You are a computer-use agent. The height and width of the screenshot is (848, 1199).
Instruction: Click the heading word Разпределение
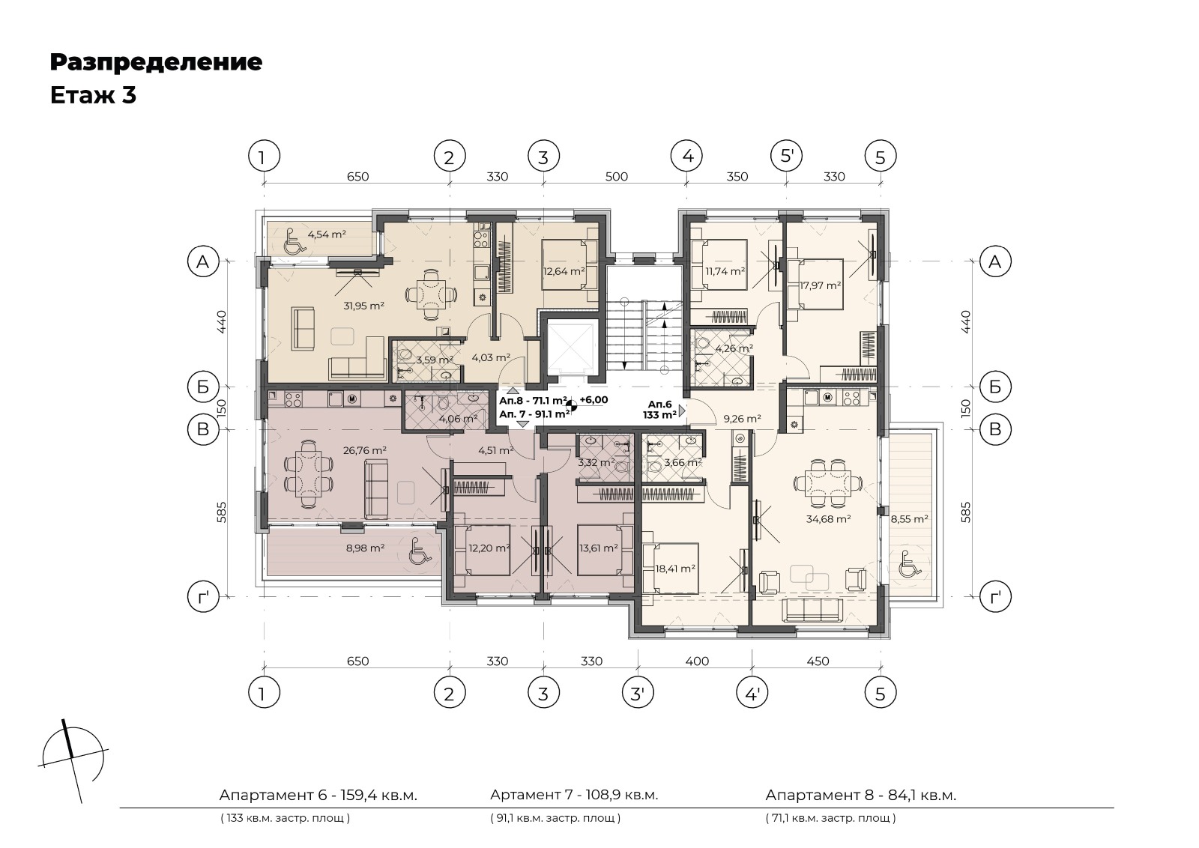(x=157, y=63)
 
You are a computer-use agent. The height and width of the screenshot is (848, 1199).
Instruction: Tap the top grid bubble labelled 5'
(x=786, y=157)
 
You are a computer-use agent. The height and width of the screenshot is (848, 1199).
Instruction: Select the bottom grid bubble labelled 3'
(x=638, y=694)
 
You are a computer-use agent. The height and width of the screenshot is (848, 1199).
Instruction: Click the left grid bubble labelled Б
(x=203, y=387)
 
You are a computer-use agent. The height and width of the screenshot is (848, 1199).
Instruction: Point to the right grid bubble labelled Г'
(x=995, y=596)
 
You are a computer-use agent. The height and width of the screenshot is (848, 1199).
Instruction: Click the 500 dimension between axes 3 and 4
(x=616, y=177)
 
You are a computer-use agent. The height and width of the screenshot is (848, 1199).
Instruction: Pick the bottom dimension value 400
(x=697, y=661)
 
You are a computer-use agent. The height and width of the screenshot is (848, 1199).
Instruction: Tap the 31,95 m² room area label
(x=364, y=306)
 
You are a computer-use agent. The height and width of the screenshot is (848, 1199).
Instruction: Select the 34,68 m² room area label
(x=829, y=518)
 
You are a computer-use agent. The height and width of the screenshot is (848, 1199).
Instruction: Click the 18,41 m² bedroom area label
(x=675, y=569)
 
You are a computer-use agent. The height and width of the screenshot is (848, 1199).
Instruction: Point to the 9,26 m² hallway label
(x=743, y=419)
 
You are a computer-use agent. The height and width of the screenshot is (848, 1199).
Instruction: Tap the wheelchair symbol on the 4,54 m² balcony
(x=292, y=241)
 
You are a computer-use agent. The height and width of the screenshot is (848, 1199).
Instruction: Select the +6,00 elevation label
(x=594, y=400)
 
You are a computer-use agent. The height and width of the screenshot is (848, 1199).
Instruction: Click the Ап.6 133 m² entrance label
(x=659, y=410)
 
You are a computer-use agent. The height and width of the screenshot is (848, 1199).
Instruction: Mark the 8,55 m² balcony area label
(x=910, y=518)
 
